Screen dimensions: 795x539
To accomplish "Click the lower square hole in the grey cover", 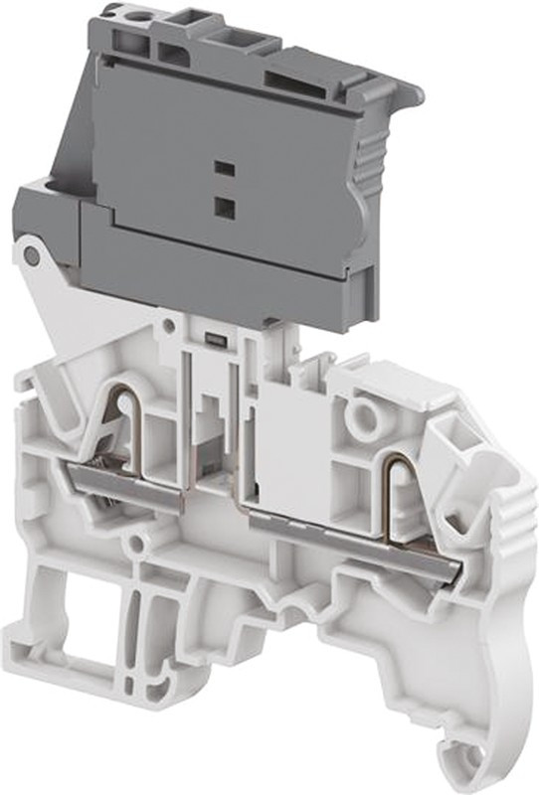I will click(224, 207).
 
